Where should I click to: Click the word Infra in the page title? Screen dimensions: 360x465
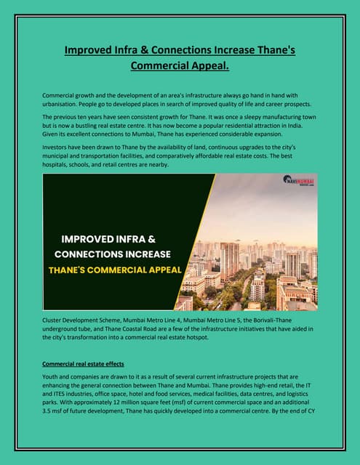(139, 51)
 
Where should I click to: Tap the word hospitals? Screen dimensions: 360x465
(59, 165)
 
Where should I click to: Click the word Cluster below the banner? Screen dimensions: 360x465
(54, 320)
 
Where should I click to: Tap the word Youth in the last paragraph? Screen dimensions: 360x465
(52, 376)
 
